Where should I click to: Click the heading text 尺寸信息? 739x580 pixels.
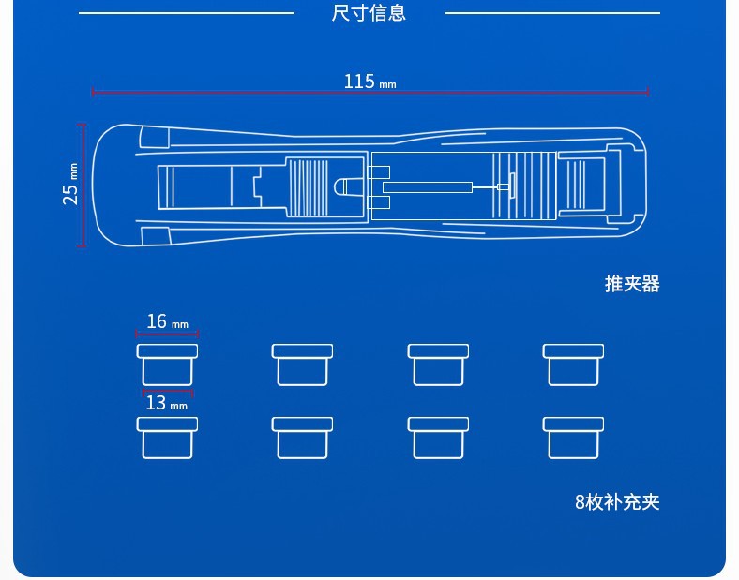[x=369, y=13]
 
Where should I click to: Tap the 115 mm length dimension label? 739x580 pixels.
[x=369, y=82]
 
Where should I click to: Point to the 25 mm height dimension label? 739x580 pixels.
[x=70, y=184]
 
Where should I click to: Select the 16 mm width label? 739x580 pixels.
[x=167, y=322]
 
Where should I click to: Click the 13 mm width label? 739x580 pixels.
[x=166, y=403]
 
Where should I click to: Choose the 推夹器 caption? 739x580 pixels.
[x=632, y=284]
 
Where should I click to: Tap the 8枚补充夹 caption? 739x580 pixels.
[x=617, y=501]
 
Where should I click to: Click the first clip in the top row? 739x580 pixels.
[x=167, y=364]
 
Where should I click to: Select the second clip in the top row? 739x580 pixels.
[x=302, y=364]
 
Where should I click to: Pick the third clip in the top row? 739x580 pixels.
[x=438, y=364]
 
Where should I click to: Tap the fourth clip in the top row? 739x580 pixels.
[x=573, y=364]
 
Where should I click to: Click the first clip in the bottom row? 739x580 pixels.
[x=167, y=438]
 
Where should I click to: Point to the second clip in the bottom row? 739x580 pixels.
[x=302, y=438]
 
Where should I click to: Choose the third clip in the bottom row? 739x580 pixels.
[x=438, y=438]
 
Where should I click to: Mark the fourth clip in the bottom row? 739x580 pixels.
[x=573, y=438]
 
